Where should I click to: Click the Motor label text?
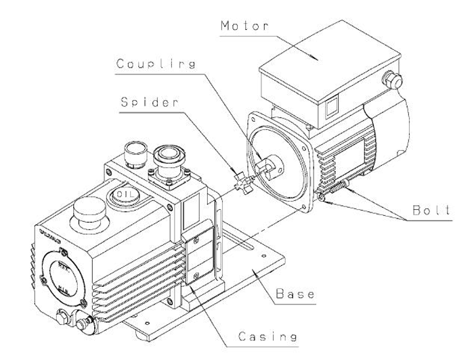point(244,26)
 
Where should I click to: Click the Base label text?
point(296,296)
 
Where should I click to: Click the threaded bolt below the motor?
point(335,191)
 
